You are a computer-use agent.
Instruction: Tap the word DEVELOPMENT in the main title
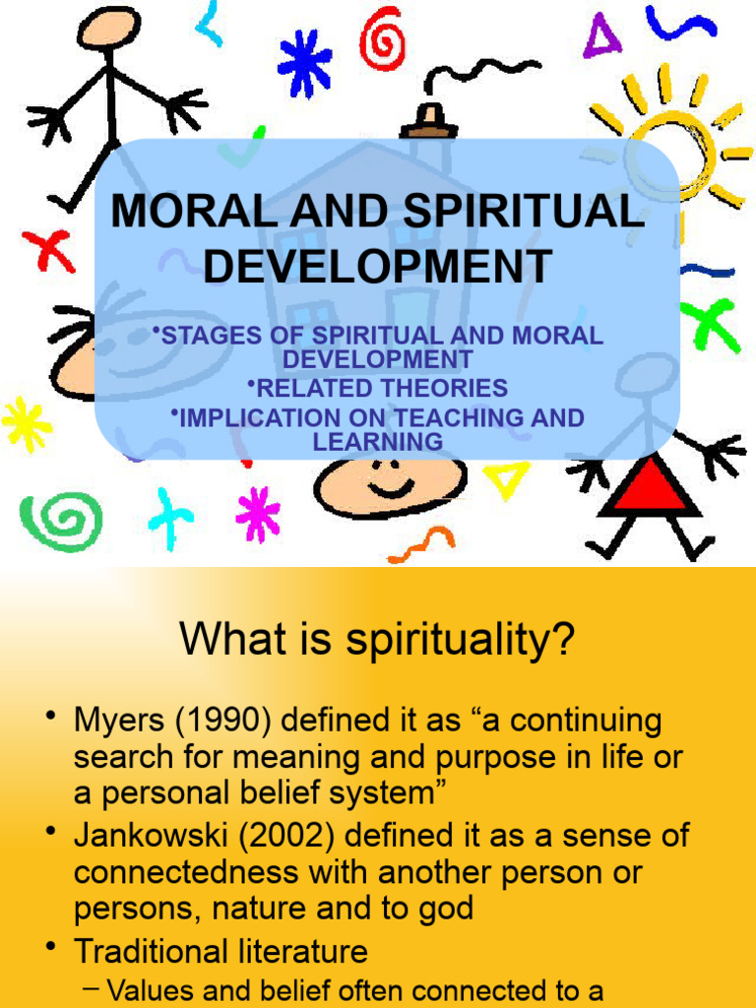pos(378,267)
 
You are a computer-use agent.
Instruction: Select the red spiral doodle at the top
pos(383,39)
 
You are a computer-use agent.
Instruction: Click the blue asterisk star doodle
pos(304,63)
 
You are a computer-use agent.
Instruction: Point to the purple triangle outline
pos(601,37)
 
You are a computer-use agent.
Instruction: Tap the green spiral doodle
pos(60,521)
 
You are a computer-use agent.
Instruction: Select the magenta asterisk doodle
pos(258,514)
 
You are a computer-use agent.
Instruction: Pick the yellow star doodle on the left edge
pos(27,424)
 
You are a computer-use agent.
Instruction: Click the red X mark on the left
pos(48,250)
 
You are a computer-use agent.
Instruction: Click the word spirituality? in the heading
pos(459,643)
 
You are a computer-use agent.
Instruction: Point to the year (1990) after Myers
pos(231,722)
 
